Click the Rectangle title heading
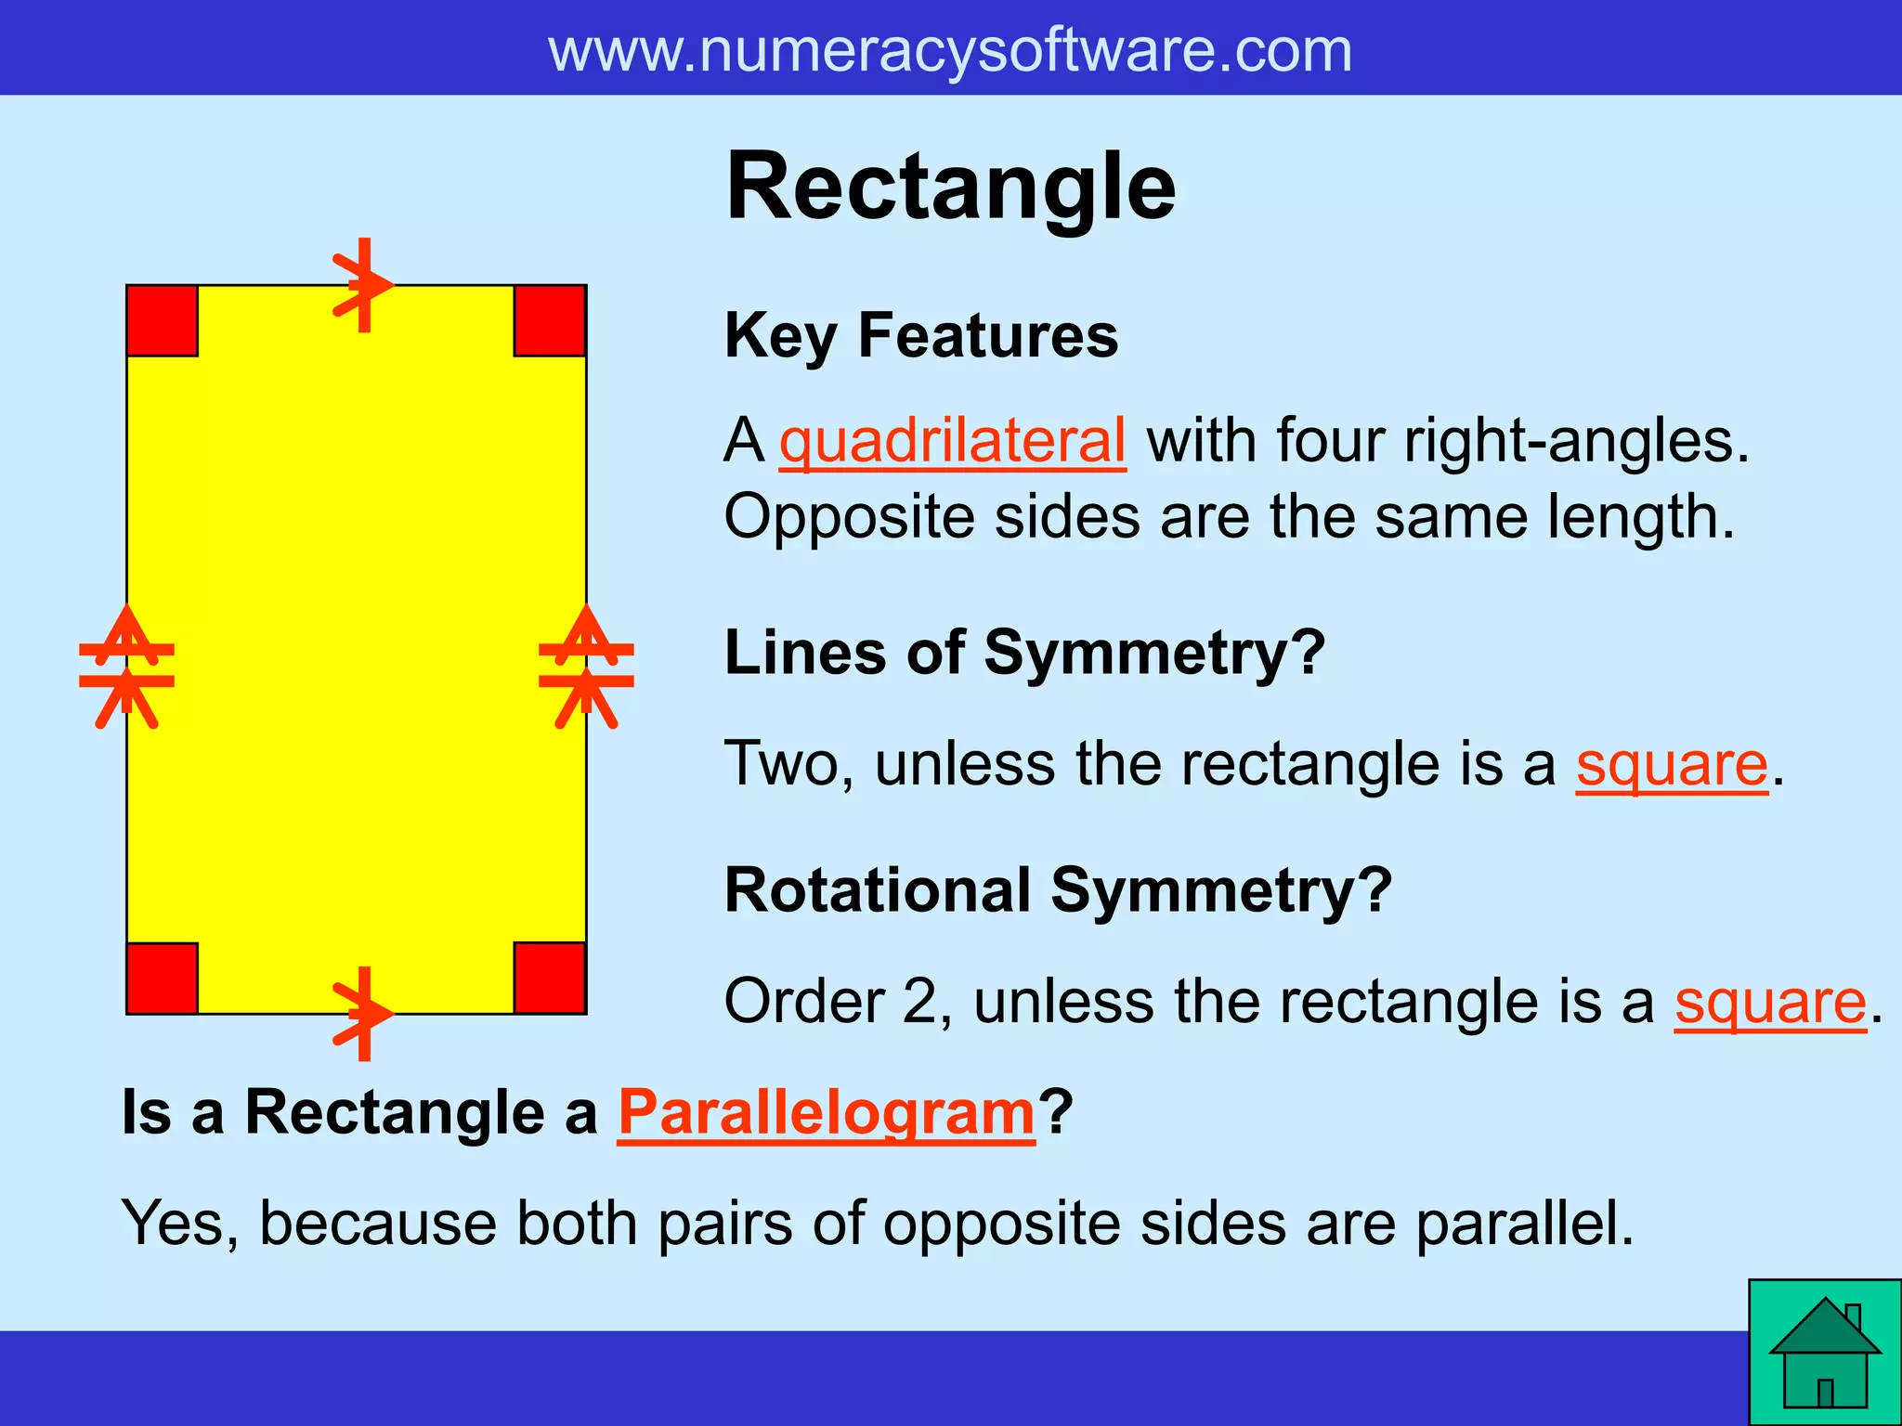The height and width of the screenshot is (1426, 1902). pyautogui.click(x=950, y=188)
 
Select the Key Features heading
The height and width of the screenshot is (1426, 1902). pyautogui.click(x=921, y=335)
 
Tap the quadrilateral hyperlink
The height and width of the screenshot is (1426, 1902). pyautogui.click(x=952, y=440)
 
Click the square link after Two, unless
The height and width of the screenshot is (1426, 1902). pyautogui.click(x=1671, y=765)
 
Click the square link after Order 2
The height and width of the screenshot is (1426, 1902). pyautogui.click(x=1770, y=1003)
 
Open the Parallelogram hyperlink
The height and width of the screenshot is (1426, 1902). pyautogui.click(x=827, y=1112)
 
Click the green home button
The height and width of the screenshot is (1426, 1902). pyautogui.click(x=1825, y=1353)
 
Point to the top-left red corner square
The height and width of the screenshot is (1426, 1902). pyautogui.click(x=163, y=321)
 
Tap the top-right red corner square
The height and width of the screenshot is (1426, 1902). pyautogui.click(x=550, y=321)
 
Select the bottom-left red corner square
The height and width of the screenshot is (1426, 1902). pyautogui.click(x=163, y=979)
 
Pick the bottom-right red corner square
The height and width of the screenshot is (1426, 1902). pyautogui.click(x=550, y=979)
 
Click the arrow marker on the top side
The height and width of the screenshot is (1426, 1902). pyautogui.click(x=363, y=285)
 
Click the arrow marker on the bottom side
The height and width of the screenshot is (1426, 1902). pyautogui.click(x=363, y=1014)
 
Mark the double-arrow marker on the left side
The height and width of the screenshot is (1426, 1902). pyautogui.click(x=127, y=666)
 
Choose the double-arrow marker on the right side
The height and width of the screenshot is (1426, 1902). pyautogui.click(x=586, y=666)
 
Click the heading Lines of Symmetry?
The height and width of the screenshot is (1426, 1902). pyautogui.click(x=1024, y=653)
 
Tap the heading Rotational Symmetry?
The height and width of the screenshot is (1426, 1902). pyautogui.click(x=1058, y=890)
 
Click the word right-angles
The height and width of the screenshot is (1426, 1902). pyautogui.click(x=1576, y=440)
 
